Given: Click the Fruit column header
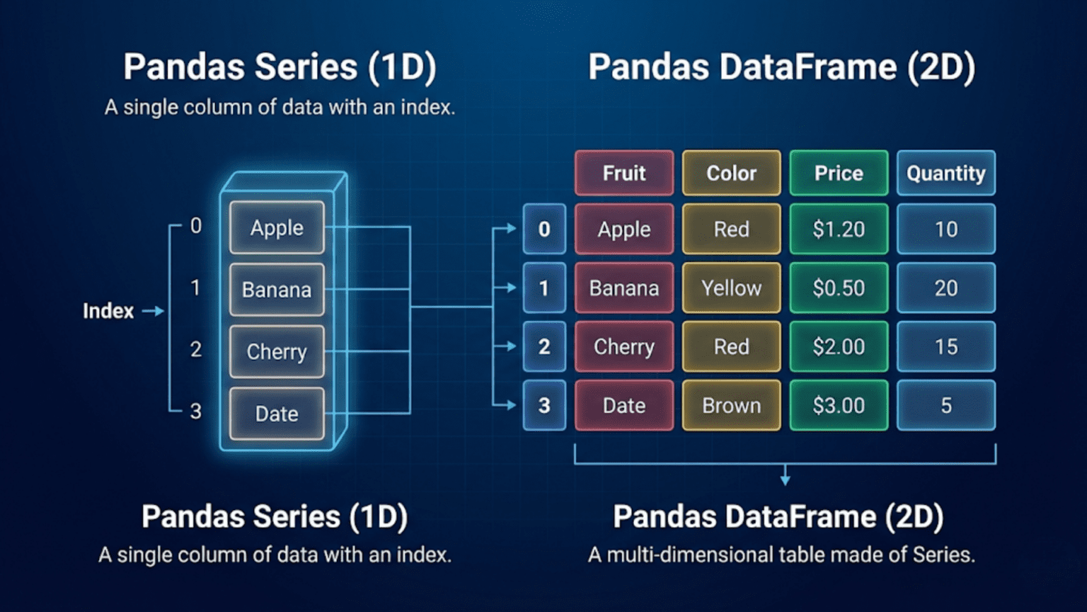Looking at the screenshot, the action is coord(624,173).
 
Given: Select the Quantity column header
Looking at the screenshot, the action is coord(945,173).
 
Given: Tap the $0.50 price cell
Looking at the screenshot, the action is coord(839,288).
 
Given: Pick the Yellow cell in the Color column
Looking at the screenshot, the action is coord(731,288).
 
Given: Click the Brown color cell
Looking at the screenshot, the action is coord(731,405).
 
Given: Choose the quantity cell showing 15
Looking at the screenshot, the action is coord(945,346).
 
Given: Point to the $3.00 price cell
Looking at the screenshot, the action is coord(839,405).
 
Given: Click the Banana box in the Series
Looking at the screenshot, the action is coord(277,290).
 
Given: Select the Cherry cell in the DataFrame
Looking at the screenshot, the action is coord(624,346).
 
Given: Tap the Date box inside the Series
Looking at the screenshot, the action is coord(277,414).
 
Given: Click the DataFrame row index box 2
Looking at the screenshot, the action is coord(544,346).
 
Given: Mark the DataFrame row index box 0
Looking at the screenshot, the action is coord(544,229).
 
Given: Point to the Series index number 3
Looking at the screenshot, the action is coord(195,412).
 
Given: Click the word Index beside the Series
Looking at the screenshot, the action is coord(108,311).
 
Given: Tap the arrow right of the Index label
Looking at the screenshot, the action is coord(153,311).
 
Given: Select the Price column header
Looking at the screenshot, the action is coord(839,173).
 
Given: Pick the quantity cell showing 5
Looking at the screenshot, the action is coord(945,405).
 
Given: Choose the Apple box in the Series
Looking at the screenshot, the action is coord(277,228).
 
